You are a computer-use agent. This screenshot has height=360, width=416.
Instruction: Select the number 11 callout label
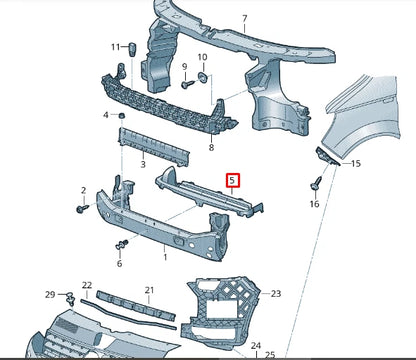coord(116,46)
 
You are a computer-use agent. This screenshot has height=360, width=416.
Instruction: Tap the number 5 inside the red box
coord(234,180)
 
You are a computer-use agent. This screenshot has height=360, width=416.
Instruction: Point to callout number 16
coord(317,204)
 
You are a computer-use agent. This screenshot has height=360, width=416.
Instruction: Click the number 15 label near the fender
coord(356,163)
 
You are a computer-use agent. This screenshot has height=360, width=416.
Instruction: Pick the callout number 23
coord(277,293)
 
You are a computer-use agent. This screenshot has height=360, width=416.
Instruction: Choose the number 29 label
coord(49,295)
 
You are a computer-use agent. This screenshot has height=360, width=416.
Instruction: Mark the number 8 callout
coord(211,147)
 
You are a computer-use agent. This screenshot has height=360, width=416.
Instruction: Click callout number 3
coord(143,163)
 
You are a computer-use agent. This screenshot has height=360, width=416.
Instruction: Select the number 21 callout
coord(148,290)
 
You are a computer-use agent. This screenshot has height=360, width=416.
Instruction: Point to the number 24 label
coord(258,346)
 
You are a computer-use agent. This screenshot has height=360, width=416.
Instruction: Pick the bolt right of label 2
coord(81,211)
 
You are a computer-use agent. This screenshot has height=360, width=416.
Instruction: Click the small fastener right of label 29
coord(70,296)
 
